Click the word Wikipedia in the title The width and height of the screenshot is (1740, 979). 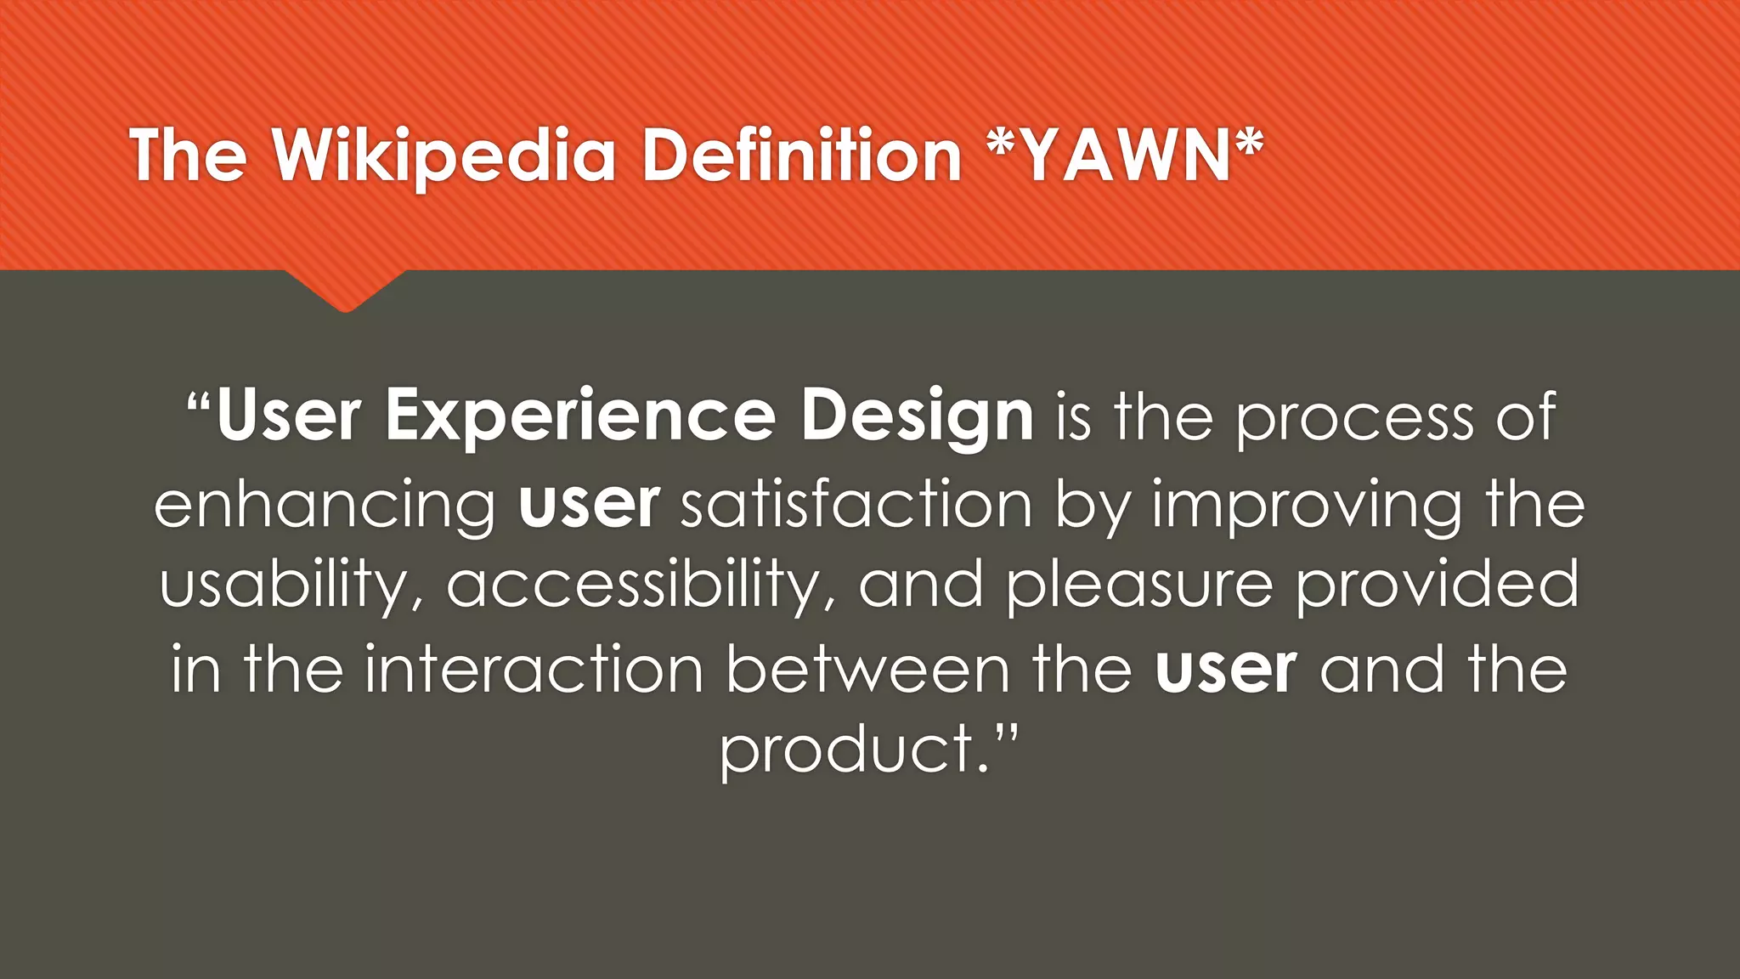coord(443,156)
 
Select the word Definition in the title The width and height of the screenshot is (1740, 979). coord(801,156)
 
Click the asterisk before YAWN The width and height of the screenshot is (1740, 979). coord(1003,146)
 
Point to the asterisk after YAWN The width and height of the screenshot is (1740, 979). coord(1249,146)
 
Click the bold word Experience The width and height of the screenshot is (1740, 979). coord(579,416)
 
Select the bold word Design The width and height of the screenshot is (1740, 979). coord(917,416)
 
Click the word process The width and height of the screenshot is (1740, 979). coord(1354,418)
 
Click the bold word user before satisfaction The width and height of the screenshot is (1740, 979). coord(589,504)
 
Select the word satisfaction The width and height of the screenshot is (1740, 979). coord(856,504)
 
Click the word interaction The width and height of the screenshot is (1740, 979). coord(534,669)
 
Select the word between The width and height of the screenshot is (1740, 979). coord(867,669)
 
